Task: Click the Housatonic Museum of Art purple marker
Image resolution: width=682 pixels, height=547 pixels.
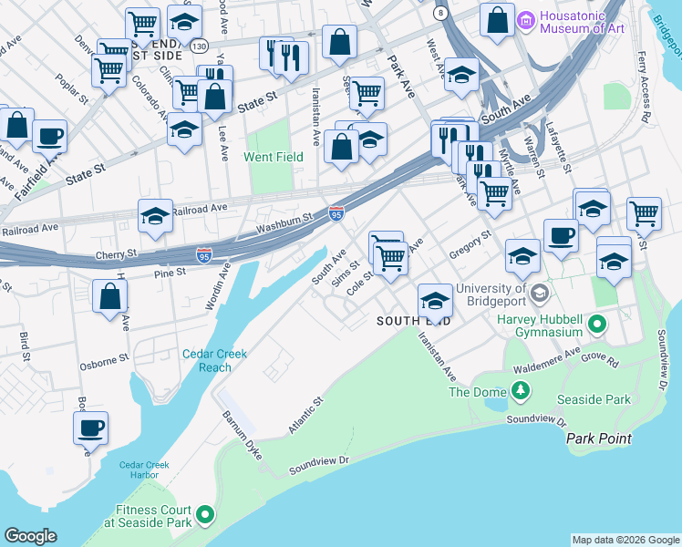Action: pyautogui.click(x=526, y=19)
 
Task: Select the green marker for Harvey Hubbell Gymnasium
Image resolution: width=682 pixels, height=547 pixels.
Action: pyautogui.click(x=597, y=324)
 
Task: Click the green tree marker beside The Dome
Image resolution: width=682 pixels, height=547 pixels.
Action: pyautogui.click(x=521, y=392)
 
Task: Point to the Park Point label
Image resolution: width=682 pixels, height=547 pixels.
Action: pyautogui.click(x=598, y=439)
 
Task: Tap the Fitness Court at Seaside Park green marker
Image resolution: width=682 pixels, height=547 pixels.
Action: pyautogui.click(x=206, y=516)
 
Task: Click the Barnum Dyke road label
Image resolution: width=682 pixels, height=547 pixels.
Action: pyautogui.click(x=240, y=429)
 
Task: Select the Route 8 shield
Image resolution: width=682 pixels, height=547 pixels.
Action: pyautogui.click(x=441, y=13)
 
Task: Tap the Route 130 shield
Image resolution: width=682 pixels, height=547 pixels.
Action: pyautogui.click(x=200, y=45)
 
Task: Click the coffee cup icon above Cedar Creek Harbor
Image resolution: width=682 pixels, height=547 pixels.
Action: pyautogui.click(x=90, y=428)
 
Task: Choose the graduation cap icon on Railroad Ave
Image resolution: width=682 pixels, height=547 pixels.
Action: pyautogui.click(x=155, y=217)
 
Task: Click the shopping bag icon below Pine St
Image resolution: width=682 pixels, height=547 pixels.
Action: pyautogui.click(x=109, y=297)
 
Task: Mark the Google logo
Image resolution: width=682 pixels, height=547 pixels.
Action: pyautogui.click(x=30, y=536)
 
